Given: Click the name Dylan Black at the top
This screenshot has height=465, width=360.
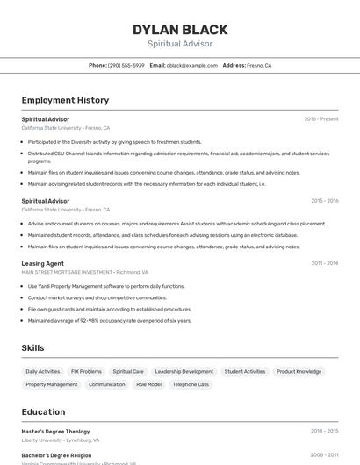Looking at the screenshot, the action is click(180, 30).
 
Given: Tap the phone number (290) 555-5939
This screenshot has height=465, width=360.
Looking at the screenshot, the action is click(126, 66).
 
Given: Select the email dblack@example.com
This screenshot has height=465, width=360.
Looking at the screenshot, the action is click(191, 66).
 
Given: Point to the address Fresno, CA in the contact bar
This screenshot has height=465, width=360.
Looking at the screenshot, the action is click(259, 66).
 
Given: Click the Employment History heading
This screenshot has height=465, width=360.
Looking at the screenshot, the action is click(65, 101).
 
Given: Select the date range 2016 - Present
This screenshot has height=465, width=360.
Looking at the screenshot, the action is click(320, 119).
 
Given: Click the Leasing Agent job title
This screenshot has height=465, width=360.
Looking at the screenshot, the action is click(43, 263).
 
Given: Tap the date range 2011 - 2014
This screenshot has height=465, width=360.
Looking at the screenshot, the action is click(324, 263).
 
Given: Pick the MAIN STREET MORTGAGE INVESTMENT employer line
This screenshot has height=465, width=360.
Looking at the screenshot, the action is click(84, 272).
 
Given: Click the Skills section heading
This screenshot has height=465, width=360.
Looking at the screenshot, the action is click(32, 348).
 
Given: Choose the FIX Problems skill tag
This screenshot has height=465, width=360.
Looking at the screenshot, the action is click(86, 371).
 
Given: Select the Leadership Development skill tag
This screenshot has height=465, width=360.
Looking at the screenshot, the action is click(184, 371).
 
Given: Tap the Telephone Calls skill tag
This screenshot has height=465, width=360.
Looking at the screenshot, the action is click(191, 384).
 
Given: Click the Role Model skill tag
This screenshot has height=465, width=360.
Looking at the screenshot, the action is click(148, 384).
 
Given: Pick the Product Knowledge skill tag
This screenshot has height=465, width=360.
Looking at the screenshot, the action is click(299, 371).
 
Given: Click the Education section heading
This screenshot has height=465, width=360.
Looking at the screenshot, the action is click(43, 412).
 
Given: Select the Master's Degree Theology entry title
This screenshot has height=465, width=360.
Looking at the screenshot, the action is click(55, 432).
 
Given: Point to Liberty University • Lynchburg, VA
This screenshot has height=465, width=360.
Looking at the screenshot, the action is click(61, 440).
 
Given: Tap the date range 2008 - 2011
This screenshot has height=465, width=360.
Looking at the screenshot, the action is click(324, 455).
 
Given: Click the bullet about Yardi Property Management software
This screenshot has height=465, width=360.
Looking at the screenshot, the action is click(106, 286).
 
